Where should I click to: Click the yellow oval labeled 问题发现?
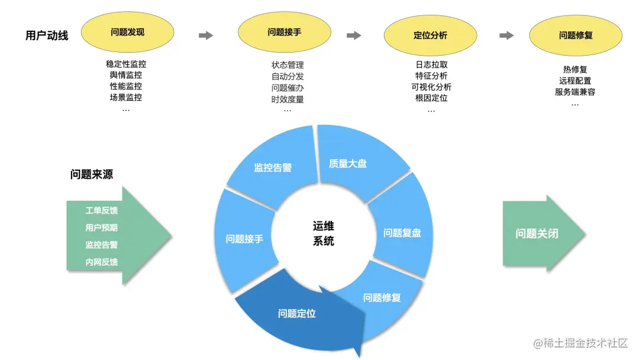pos(127,32)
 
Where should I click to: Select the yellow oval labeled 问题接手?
pos(284,32)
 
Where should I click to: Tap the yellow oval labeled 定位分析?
pos(430,35)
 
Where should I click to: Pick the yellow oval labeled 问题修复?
pos(576,35)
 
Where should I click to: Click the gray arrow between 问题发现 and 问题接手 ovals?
pos(205,36)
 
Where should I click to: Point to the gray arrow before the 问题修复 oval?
pos(506,36)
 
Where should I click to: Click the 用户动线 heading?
pos(47,36)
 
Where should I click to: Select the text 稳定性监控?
pos(126,65)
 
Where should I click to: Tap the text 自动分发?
pos(288,76)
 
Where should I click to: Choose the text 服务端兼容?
pos(575,92)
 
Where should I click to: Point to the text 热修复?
pos(575,69)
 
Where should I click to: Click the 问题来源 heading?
pos(91,174)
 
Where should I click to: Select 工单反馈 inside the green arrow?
pos(101,210)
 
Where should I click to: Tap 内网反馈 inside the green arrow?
pos(101,262)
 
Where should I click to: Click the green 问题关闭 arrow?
pos(537,233)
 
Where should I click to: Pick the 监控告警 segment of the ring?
pos(273,168)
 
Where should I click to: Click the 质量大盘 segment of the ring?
pos(348,163)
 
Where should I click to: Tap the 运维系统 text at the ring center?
pos(324,233)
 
